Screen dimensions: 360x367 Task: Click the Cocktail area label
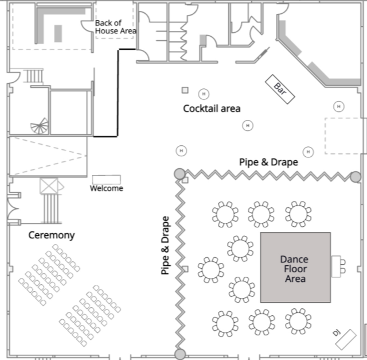212,109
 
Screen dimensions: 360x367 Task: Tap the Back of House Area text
115,26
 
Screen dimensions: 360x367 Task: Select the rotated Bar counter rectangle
280,89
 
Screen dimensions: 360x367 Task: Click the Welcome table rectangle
106,180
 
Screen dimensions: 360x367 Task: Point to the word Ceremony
52,235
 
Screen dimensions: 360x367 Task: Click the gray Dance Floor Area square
295,268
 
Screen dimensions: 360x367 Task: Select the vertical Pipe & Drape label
166,245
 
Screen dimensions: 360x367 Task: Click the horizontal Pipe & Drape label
268,162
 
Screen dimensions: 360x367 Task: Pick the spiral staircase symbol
40,127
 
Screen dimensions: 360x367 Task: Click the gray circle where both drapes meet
179,173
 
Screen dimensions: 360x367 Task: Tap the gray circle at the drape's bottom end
180,354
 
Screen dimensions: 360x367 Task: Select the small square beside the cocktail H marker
185,90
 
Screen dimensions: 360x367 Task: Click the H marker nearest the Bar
339,106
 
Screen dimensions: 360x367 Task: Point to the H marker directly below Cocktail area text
248,125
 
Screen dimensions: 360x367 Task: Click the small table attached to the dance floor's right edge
337,265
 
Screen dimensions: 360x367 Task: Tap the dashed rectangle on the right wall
344,136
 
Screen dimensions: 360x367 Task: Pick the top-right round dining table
298,214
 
